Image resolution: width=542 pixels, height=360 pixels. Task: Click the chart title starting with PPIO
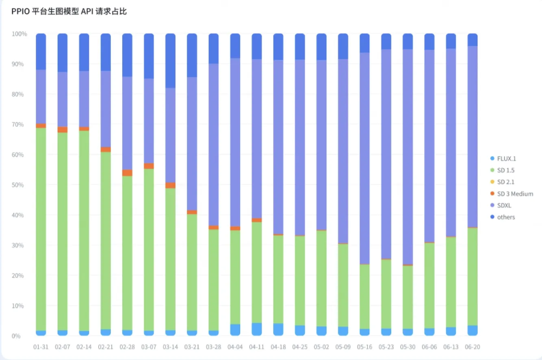coord(69,11)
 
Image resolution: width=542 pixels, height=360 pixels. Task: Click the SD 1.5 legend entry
coord(505,170)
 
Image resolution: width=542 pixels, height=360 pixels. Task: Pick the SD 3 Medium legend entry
coord(515,194)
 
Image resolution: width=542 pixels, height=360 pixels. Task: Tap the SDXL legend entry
coord(504,206)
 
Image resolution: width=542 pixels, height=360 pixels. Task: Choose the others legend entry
coord(506,217)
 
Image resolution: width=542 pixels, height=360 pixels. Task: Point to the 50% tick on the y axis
coord(20,185)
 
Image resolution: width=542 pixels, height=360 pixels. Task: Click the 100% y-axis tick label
coord(19,34)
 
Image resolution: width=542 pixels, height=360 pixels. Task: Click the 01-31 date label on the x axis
coord(41,347)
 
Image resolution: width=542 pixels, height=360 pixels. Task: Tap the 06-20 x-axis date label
coord(473,347)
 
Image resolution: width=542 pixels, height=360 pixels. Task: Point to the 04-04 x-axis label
coord(235,347)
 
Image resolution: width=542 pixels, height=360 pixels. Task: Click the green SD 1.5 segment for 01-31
coord(41,228)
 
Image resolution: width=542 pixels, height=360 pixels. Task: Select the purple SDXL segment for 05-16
coord(365,158)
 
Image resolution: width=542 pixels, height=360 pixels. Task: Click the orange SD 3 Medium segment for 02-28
coord(127,173)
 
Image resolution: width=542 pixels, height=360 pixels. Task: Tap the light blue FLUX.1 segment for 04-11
coord(257,329)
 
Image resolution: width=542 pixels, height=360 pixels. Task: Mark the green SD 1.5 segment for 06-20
coord(473,276)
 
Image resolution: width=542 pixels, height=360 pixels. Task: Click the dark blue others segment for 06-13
coord(451,41)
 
